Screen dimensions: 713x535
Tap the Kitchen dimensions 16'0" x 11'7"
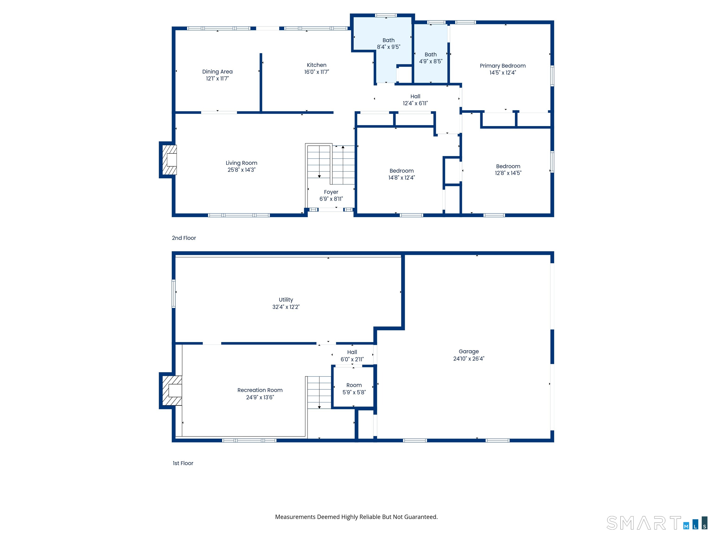(x=317, y=72)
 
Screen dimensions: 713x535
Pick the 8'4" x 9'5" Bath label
(x=388, y=43)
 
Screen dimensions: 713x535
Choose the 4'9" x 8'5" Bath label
(x=431, y=58)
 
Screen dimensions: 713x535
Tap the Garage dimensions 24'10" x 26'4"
(x=469, y=359)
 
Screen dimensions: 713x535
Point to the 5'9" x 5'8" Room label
(x=354, y=388)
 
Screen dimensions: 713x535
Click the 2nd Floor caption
(x=184, y=238)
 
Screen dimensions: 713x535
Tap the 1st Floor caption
(x=183, y=463)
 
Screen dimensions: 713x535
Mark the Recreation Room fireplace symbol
(x=171, y=391)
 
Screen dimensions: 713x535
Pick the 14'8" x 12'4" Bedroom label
(x=401, y=174)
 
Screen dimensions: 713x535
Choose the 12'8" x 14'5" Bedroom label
(x=508, y=170)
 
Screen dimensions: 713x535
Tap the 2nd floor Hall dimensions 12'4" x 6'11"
(x=415, y=103)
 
